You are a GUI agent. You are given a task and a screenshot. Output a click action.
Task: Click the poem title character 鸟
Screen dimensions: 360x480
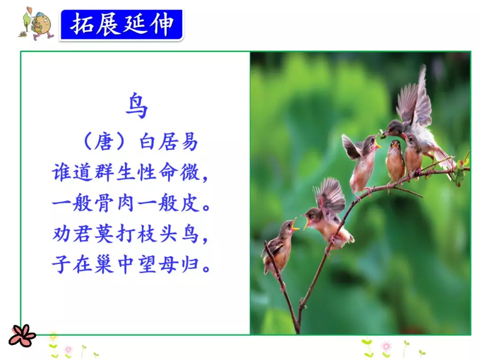click(136, 107)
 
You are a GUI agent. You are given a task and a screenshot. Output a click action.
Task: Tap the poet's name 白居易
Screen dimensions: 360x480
click(168, 143)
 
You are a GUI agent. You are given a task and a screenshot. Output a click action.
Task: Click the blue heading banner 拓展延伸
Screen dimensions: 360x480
click(121, 24)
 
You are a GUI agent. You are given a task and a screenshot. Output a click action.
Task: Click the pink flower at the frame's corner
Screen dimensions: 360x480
click(22, 336)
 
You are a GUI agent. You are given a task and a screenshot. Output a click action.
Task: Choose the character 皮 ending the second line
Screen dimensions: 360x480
click(191, 204)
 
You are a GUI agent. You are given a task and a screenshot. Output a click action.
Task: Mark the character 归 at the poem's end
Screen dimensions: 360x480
click(191, 264)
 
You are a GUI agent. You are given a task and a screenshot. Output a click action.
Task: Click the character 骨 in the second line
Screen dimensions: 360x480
click(105, 204)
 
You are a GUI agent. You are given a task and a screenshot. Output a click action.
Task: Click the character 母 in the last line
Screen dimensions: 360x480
click(170, 264)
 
